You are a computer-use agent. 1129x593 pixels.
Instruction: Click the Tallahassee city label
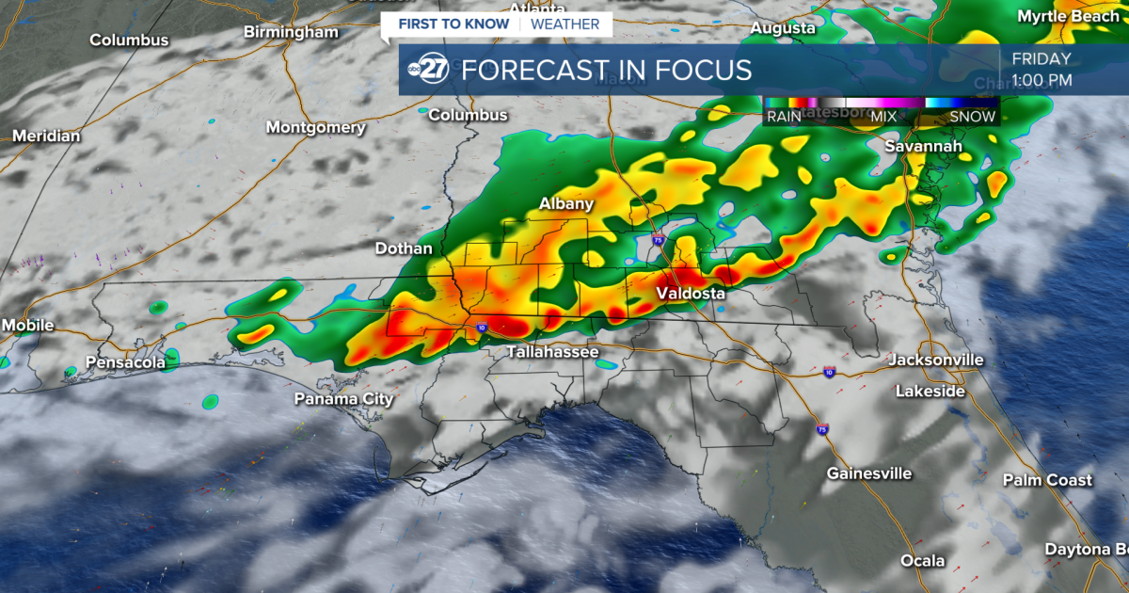(x=552, y=352)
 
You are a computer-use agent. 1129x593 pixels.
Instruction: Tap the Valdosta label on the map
(x=691, y=294)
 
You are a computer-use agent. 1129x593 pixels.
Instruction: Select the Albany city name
(x=566, y=204)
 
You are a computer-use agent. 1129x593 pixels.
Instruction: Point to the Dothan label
(x=404, y=249)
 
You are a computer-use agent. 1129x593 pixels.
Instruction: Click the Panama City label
(x=343, y=399)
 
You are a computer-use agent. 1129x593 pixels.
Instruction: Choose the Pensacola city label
(x=125, y=362)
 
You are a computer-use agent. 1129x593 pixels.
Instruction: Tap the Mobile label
(x=28, y=325)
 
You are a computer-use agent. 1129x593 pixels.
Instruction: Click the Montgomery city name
(x=315, y=127)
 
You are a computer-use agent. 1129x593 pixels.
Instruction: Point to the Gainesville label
(x=869, y=473)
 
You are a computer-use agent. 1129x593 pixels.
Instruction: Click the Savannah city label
(x=923, y=147)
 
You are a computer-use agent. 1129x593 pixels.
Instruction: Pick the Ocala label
(x=922, y=561)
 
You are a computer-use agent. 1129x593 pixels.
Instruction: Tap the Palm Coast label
(x=1047, y=480)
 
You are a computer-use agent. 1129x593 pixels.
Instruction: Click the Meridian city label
(x=46, y=136)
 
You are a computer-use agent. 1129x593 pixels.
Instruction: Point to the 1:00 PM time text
(x=1042, y=80)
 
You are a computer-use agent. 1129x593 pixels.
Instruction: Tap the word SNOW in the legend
(x=972, y=117)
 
